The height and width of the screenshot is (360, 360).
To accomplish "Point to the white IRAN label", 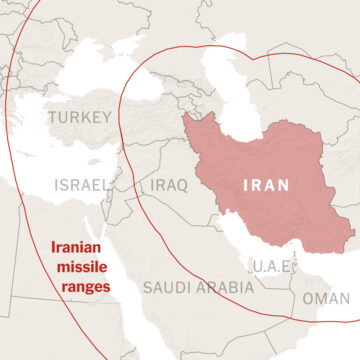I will (269, 186).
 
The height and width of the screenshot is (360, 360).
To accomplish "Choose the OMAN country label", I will (326, 298).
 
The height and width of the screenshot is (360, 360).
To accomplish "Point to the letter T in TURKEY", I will (51, 119).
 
